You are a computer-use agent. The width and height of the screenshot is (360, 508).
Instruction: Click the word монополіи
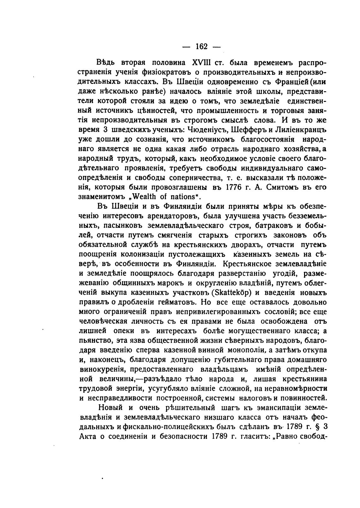pyautogui.click(x=246, y=350)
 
